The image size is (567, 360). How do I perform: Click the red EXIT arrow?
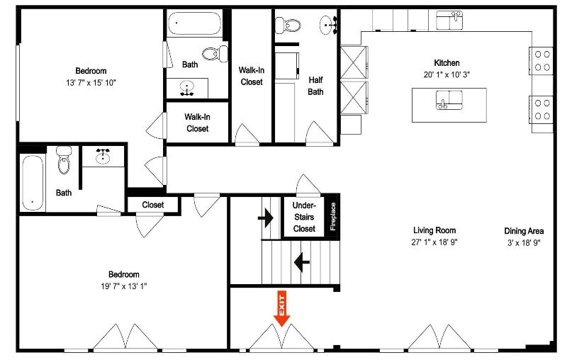point(281,309)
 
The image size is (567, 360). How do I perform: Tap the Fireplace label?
point(333,217)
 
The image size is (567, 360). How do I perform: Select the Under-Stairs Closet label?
point(304,217)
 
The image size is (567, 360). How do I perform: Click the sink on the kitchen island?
point(449,100)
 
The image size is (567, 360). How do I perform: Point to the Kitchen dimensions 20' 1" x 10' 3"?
point(447,75)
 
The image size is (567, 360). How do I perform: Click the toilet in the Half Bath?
point(288,26)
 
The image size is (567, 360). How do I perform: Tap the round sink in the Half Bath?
point(329,25)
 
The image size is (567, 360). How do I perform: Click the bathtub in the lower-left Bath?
point(33,183)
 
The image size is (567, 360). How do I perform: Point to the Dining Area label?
point(524,231)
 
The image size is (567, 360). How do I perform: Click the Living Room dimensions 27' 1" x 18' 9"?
point(434,242)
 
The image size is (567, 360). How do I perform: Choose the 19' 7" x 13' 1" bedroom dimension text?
point(123,286)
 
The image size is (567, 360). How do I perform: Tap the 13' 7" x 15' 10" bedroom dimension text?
point(91,82)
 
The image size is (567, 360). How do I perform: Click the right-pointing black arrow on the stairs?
point(266,218)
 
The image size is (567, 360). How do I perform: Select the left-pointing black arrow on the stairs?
point(302,261)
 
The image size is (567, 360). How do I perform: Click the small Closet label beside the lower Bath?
point(153,205)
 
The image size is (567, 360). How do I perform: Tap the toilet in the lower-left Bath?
point(64,159)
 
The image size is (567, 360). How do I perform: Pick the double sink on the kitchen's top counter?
point(449,21)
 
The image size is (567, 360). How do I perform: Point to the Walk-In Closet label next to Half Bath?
point(252,76)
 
